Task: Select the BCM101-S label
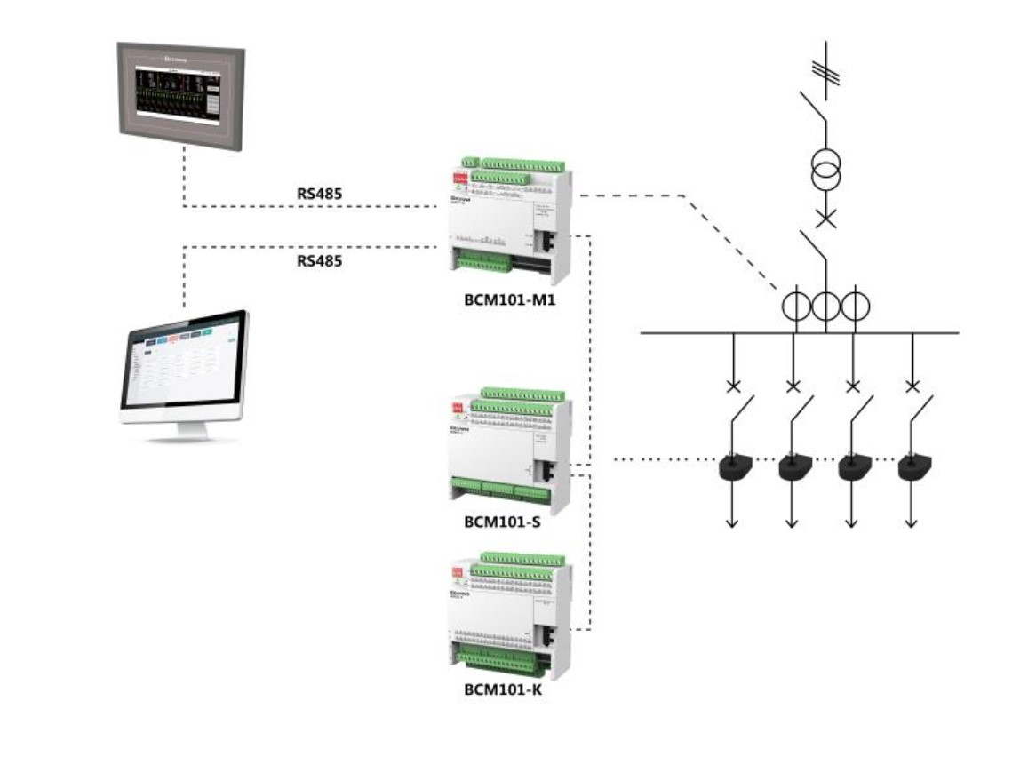point(503,521)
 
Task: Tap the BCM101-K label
point(503,689)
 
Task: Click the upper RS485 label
point(319,191)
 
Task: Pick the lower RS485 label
point(319,261)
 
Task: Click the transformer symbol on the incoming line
point(826,169)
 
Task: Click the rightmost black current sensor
point(912,467)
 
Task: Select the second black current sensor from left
point(793,467)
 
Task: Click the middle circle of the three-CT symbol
point(826,307)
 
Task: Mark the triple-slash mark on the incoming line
point(826,71)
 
